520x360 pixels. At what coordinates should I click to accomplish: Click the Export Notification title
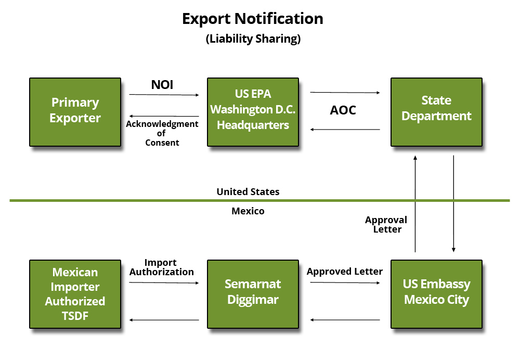[x=253, y=19]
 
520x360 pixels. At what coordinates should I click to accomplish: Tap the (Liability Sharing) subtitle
[x=253, y=39]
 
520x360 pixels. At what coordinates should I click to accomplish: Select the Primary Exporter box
[x=75, y=111]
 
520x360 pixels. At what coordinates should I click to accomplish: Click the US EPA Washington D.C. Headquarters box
[x=253, y=111]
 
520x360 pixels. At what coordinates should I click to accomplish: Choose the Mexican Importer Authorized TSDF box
[x=75, y=294]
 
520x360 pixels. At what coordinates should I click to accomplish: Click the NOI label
[x=162, y=84]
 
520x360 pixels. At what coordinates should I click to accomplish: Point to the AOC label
[x=343, y=111]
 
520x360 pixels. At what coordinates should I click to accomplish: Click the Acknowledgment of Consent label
[x=162, y=133]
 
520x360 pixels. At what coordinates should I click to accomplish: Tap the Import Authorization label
[x=161, y=267]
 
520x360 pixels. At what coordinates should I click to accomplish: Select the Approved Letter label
[x=344, y=272]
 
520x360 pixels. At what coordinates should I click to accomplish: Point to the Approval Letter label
[x=386, y=225]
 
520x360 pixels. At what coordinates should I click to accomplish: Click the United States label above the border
[x=248, y=192]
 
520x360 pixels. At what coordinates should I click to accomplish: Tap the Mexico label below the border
[x=248, y=211]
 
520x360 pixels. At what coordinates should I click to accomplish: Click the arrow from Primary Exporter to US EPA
[x=164, y=95]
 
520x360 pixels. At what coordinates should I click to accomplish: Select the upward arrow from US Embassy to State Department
[x=415, y=203]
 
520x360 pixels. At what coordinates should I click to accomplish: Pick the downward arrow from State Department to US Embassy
[x=454, y=203]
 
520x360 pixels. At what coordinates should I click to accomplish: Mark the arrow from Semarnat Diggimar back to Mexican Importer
[x=164, y=320]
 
